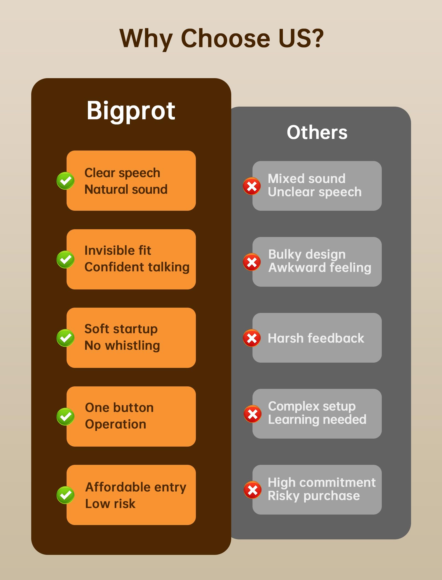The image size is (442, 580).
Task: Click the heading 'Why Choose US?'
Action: pyautogui.click(x=222, y=39)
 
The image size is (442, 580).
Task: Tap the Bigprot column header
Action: pyautogui.click(x=131, y=111)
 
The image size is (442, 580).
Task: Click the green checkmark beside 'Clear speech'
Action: pyautogui.click(x=65, y=181)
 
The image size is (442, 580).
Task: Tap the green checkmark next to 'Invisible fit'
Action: pyautogui.click(x=65, y=259)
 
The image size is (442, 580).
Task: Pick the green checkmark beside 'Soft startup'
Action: pyautogui.click(x=65, y=338)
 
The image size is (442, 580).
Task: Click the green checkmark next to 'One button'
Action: pyautogui.click(x=65, y=416)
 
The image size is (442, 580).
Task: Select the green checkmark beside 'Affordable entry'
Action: pyautogui.click(x=65, y=495)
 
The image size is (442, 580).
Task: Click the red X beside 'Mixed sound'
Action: pyautogui.click(x=252, y=186)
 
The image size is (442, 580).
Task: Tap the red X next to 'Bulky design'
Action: pyautogui.click(x=252, y=262)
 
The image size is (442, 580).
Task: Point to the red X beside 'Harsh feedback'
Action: pyautogui.click(x=252, y=338)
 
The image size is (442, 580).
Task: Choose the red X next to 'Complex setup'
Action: pyautogui.click(x=252, y=414)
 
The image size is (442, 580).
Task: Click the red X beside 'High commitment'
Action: pyautogui.click(x=252, y=490)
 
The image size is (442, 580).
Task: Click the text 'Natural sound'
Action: pyautogui.click(x=126, y=189)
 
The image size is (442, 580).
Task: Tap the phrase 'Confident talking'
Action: pyautogui.click(x=137, y=267)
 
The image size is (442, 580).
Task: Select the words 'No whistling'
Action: pyautogui.click(x=122, y=346)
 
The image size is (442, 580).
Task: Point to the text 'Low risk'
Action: pyautogui.click(x=110, y=504)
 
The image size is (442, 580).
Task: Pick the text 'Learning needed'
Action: pyautogui.click(x=317, y=420)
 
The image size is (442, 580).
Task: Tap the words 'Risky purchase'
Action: pyautogui.click(x=314, y=496)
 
